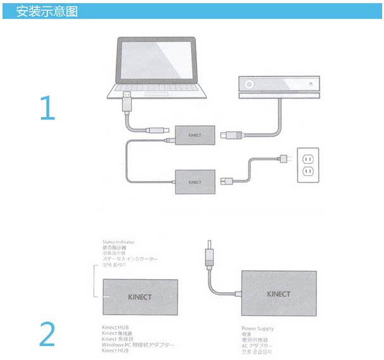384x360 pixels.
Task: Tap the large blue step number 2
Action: tap(47, 335)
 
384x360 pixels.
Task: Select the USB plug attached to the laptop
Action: tap(127, 102)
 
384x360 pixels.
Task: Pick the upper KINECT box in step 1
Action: tap(194, 133)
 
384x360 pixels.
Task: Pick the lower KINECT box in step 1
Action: tap(194, 182)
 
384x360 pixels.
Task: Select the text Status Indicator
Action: tap(118, 242)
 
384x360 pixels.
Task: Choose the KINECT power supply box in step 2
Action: tap(278, 294)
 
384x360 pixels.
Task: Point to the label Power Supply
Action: tap(257, 329)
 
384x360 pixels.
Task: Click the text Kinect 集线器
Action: tap(119, 333)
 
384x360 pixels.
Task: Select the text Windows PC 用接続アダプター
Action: tap(138, 344)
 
